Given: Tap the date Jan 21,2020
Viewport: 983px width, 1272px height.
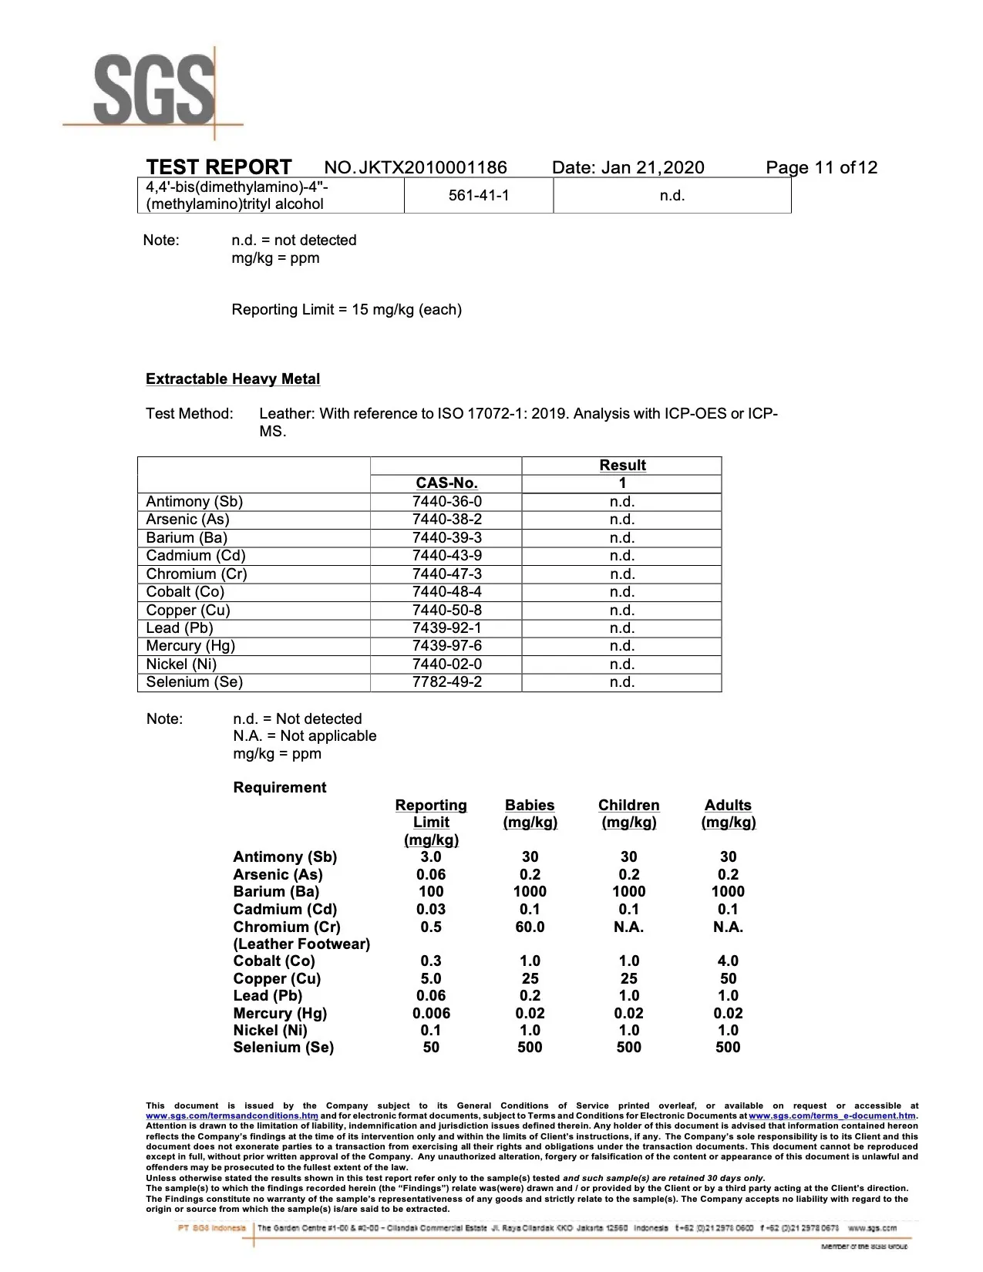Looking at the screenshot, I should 651,168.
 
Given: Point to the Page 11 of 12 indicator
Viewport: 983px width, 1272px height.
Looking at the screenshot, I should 821,168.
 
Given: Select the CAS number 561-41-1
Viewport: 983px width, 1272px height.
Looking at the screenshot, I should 479,195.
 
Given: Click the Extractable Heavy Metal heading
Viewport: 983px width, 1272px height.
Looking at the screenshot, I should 233,379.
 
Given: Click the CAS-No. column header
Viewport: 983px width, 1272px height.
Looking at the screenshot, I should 446,483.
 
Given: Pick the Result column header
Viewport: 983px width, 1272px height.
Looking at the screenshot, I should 622,466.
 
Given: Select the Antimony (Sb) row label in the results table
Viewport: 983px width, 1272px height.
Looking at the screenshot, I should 194,502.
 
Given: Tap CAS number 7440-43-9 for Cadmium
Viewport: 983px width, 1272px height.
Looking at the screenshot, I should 446,556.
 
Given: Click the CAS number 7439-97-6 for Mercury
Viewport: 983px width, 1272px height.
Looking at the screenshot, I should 446,646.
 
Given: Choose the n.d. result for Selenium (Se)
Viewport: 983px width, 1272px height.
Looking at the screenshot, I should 622,682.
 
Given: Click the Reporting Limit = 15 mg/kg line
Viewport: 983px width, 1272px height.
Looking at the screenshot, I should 346,310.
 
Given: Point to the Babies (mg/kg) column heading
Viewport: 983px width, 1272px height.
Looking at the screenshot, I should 530,813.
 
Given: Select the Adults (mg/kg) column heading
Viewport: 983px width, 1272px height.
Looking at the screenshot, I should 728,813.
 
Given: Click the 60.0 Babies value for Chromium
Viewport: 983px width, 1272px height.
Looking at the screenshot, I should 530,927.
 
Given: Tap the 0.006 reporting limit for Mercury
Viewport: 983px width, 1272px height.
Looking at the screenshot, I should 431,1013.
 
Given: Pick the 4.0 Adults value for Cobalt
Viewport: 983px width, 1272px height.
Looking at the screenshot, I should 728,961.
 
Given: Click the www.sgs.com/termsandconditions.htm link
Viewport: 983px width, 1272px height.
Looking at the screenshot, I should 232,1116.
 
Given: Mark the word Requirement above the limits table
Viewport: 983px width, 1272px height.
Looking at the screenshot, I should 280,787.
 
